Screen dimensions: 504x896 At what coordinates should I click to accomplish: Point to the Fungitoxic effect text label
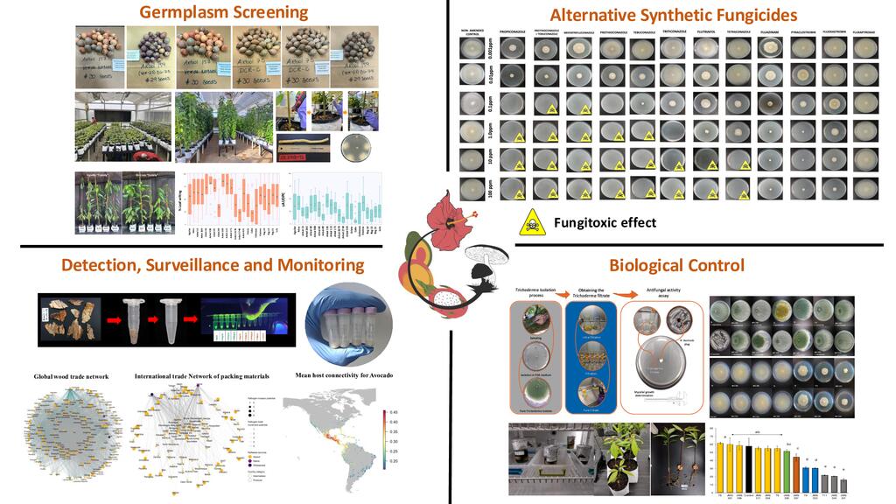tap(605, 222)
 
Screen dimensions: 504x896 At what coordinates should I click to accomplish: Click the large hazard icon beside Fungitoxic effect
tap(533, 222)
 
